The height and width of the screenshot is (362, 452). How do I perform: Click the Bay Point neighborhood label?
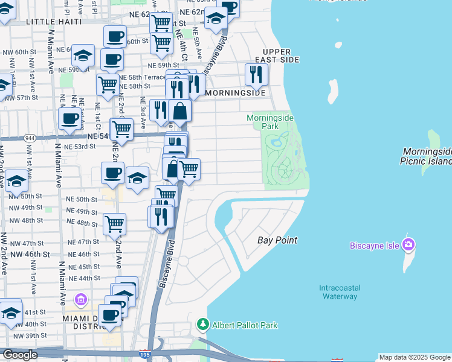[277, 240]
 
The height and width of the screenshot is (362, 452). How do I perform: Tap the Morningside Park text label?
[270, 122]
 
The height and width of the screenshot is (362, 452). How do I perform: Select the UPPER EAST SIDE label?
[277, 56]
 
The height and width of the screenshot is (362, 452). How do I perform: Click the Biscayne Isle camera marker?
[408, 244]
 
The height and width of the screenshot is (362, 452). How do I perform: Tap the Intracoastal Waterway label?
[338, 291]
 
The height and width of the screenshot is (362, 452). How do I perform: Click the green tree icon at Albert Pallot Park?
[203, 325]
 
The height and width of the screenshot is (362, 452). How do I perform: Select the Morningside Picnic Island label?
[426, 156]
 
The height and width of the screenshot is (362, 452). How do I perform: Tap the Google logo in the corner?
[19, 355]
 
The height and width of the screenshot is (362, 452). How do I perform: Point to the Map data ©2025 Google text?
[415, 357]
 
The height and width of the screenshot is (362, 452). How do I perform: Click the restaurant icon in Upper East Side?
[256, 74]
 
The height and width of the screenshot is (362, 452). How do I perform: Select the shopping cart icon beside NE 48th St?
[114, 224]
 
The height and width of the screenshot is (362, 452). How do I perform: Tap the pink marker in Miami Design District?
[80, 299]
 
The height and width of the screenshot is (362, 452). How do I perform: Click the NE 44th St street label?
[84, 278]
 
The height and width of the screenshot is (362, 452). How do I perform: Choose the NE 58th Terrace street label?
[142, 78]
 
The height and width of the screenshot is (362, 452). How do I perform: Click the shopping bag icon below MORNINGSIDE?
[179, 110]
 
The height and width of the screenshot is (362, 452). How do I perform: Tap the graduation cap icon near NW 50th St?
[16, 182]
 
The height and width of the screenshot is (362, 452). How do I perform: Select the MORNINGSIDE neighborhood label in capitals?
[235, 94]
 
